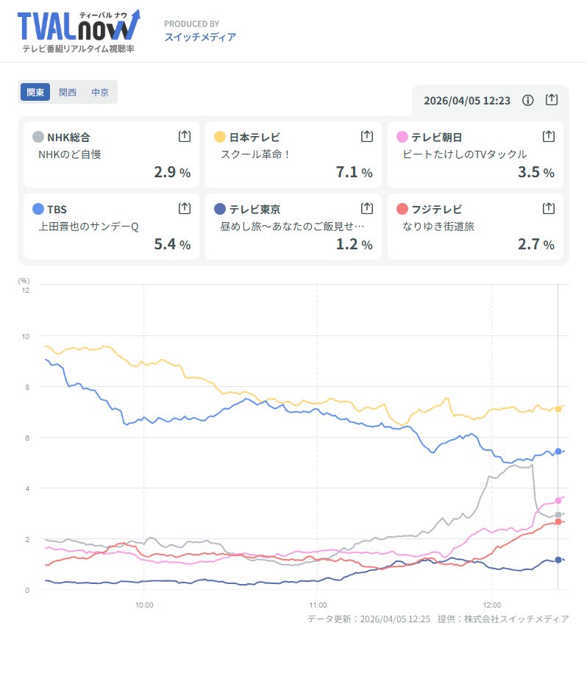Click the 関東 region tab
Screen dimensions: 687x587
pos(35,93)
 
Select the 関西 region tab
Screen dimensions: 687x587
pos(68,93)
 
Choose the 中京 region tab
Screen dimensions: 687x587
pos(100,93)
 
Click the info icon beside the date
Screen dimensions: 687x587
pos(527,100)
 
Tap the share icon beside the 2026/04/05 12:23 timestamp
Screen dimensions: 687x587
pos(552,100)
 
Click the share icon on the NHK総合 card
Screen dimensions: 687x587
pos(185,136)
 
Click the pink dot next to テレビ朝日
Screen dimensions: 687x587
pos(402,137)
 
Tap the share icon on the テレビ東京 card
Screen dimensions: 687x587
pos(367,208)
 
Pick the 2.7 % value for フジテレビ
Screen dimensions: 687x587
pos(536,244)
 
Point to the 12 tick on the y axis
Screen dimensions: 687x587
pos(26,290)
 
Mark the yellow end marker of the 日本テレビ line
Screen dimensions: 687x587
pos(558,409)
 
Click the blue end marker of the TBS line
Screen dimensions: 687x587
pos(558,452)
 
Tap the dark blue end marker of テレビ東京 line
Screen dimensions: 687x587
pos(558,560)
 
